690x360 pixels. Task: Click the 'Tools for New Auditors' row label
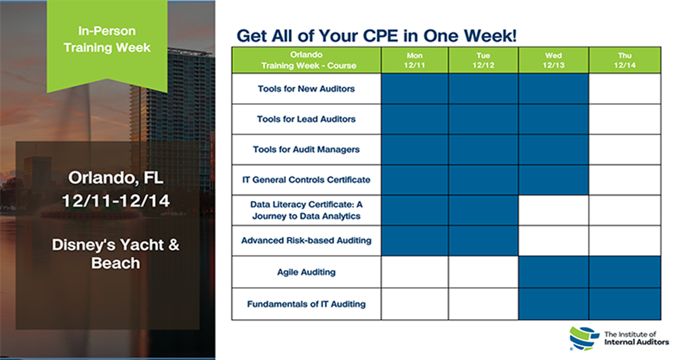(x=306, y=89)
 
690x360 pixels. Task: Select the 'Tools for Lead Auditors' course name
(x=306, y=119)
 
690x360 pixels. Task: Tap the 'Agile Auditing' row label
(x=306, y=272)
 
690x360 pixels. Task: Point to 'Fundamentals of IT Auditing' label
(x=306, y=304)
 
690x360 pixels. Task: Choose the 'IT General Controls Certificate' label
(x=306, y=180)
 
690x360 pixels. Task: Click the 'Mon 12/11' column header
(x=414, y=60)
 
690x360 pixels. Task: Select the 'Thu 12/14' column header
(x=625, y=60)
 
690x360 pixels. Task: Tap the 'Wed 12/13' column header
(x=553, y=60)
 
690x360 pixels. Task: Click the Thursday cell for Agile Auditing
(x=625, y=272)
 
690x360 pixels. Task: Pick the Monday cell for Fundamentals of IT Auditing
(x=414, y=304)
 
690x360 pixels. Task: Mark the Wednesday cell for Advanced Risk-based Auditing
(x=553, y=241)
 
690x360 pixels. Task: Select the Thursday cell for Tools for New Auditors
(x=625, y=89)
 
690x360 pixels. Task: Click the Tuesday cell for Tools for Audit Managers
(x=483, y=150)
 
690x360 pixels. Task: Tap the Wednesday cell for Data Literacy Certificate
(x=553, y=210)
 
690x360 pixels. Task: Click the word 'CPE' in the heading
(x=381, y=36)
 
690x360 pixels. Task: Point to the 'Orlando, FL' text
(x=116, y=177)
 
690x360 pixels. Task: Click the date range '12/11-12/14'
(x=116, y=201)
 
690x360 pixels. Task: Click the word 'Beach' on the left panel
(x=115, y=263)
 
